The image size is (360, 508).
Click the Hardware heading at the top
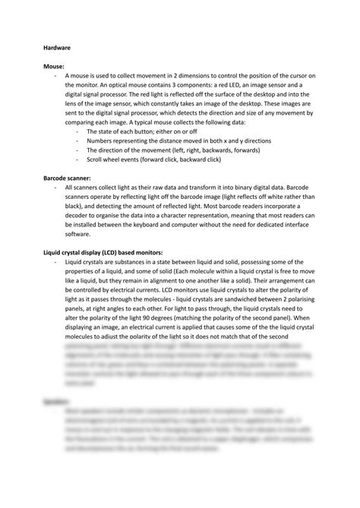point(56,47)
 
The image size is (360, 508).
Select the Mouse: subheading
point(54,67)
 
